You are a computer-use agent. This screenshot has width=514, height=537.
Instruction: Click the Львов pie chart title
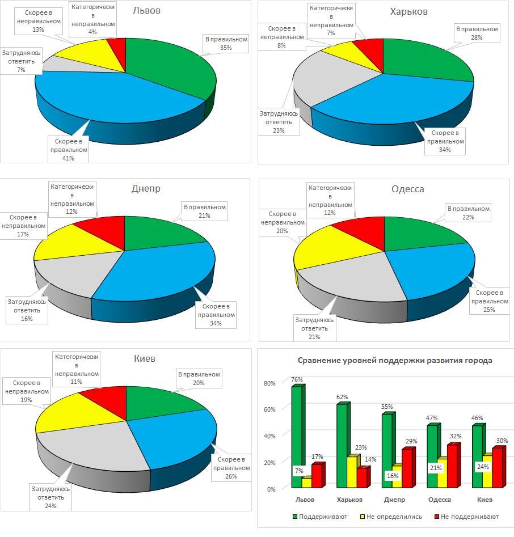pos(146,11)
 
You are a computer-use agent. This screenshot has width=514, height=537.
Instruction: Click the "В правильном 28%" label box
pos(477,33)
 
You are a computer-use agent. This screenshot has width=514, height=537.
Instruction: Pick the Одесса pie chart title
pos(407,189)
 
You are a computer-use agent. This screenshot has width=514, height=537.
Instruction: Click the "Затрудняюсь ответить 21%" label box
pos(314,328)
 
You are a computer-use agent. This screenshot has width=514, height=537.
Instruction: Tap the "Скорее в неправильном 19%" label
pos(27,391)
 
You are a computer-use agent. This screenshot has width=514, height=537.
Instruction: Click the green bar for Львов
pos(296,437)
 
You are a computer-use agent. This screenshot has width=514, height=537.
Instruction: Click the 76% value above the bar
pos(297,379)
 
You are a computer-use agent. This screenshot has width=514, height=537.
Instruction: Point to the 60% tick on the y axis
pos(269,409)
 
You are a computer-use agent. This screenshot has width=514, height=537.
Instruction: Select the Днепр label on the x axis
pos(394,500)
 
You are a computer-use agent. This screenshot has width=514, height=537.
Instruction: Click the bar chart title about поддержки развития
pos(395,361)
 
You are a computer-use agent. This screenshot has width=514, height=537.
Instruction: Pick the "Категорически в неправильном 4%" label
pos(93,20)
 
